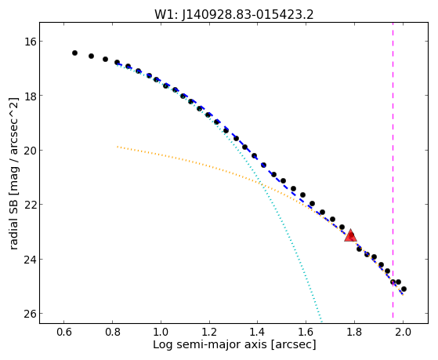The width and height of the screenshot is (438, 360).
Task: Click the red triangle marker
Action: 350,235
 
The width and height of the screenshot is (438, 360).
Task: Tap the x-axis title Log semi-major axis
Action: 234,344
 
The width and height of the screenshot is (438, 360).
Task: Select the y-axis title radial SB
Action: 13,173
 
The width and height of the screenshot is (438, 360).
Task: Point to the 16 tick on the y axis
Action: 29,41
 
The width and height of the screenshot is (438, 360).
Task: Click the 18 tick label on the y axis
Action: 29,96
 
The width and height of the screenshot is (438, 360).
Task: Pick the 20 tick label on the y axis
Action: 29,151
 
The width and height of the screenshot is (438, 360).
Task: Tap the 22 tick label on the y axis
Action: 29,205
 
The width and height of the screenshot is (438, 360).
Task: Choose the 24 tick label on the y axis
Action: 29,260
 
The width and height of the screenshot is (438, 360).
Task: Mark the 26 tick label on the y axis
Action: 29,314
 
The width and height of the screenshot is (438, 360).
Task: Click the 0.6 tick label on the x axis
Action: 64,333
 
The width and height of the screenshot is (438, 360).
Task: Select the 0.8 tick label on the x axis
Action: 113,333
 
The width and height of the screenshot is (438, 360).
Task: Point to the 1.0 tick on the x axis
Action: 161,333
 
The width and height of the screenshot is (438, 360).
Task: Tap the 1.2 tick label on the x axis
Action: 209,333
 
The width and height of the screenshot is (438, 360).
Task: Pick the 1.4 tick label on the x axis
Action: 258,333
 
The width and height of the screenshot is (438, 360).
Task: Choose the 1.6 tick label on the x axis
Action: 306,333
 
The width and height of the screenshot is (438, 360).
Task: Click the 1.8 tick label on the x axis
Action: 354,333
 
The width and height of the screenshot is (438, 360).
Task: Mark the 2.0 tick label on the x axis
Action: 403,333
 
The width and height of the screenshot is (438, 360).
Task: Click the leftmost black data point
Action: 74,53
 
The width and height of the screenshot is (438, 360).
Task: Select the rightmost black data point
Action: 404,289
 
